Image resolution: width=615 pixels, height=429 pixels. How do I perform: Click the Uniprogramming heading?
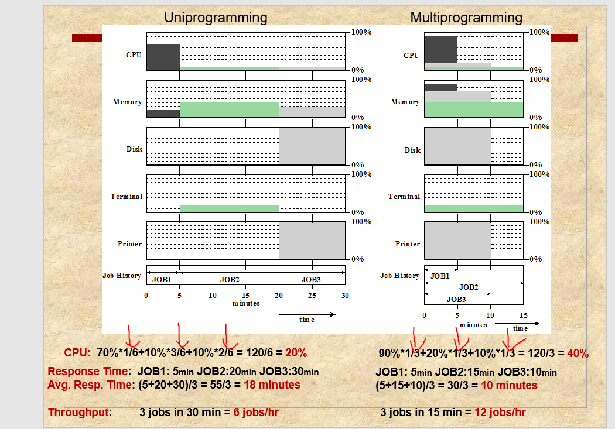(x=216, y=18)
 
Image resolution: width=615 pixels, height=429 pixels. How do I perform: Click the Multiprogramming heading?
(x=466, y=18)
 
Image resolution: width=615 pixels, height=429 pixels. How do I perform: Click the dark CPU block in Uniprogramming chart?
(x=163, y=57)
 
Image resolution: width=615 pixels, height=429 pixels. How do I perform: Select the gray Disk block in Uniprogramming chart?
(x=312, y=146)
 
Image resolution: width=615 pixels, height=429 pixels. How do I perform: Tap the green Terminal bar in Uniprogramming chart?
(x=230, y=208)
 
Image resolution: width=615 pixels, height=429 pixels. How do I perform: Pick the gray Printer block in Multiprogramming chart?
(x=457, y=241)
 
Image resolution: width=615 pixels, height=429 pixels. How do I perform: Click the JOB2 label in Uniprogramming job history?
(x=230, y=279)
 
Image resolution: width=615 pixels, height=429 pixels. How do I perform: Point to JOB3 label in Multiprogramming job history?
(x=457, y=299)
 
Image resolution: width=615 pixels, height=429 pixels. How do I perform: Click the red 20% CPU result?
(x=296, y=353)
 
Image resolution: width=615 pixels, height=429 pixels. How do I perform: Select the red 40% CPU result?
(x=578, y=354)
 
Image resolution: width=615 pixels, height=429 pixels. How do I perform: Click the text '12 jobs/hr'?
(x=500, y=413)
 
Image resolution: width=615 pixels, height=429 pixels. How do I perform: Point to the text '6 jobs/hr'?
(x=256, y=413)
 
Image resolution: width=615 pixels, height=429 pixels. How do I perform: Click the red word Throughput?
(x=79, y=413)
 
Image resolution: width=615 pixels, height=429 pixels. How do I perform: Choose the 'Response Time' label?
(x=87, y=371)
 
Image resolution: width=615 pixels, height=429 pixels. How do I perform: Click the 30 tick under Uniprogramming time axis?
(x=345, y=296)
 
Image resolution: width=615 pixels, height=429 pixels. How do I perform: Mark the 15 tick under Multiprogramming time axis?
(x=524, y=315)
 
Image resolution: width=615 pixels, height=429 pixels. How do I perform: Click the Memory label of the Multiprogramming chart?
(x=405, y=102)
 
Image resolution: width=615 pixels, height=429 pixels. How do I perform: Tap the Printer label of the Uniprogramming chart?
(x=130, y=244)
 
